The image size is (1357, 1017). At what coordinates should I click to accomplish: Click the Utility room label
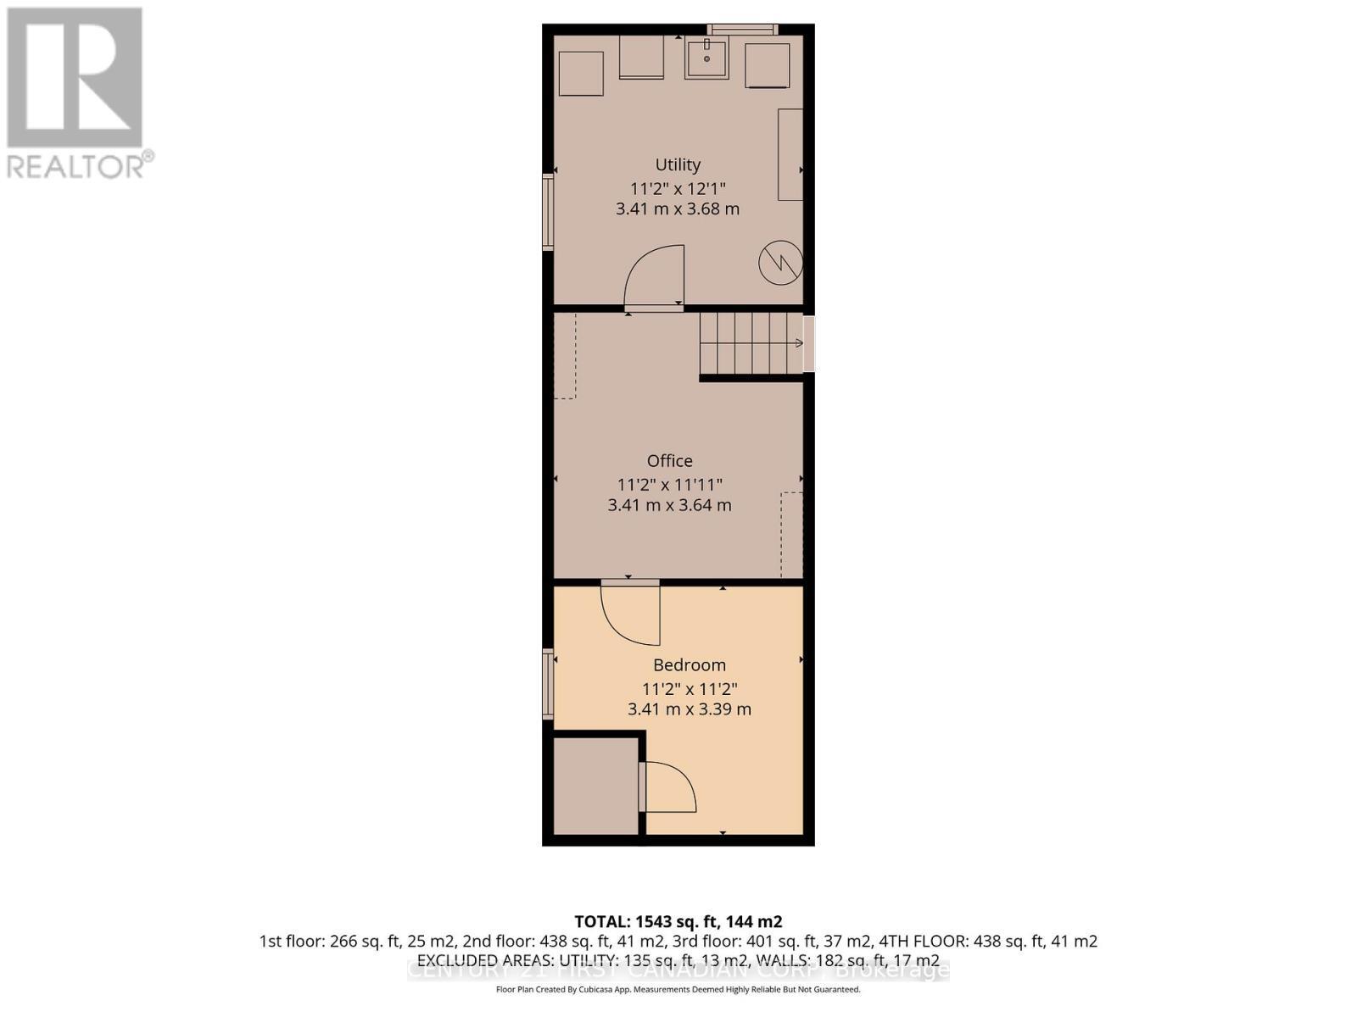[x=678, y=164]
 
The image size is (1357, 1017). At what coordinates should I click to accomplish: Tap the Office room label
[x=669, y=460]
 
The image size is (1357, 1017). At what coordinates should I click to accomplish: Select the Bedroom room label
[x=689, y=664]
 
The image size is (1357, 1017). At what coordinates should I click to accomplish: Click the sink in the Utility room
[x=706, y=58]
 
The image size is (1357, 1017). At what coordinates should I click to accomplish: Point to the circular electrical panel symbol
[x=780, y=262]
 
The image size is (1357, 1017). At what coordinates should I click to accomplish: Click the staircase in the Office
[x=751, y=343]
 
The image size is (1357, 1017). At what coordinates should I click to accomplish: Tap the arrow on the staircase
[x=797, y=343]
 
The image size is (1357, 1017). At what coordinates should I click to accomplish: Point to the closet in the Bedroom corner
[x=595, y=786]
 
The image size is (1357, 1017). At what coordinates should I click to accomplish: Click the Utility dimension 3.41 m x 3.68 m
[x=678, y=208]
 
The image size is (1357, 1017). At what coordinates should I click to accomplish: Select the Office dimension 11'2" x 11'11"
[x=669, y=484]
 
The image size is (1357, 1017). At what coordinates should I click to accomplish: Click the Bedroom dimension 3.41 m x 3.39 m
[x=689, y=709]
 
